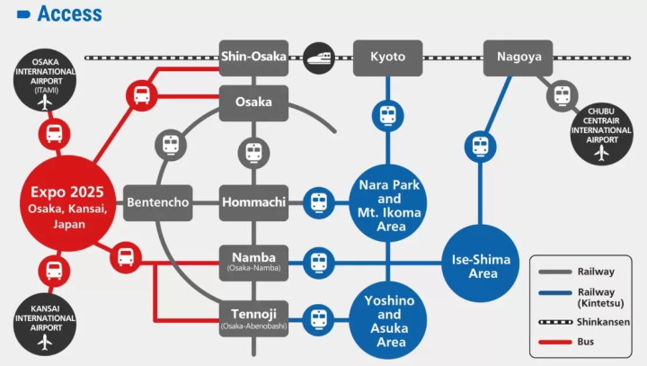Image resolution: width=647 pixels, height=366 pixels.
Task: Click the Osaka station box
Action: click(253, 103)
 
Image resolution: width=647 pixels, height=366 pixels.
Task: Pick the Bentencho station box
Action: click(157, 202)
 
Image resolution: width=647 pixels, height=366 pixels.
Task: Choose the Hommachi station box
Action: click(253, 202)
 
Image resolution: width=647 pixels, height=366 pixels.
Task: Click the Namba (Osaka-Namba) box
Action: click(253, 262)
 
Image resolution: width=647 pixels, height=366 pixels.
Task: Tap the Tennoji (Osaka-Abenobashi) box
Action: click(253, 317)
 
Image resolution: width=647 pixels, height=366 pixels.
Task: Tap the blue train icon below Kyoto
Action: click(387, 115)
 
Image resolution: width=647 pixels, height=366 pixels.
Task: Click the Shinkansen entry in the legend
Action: click(588, 321)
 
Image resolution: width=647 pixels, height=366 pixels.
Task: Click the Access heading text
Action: click(69, 13)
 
